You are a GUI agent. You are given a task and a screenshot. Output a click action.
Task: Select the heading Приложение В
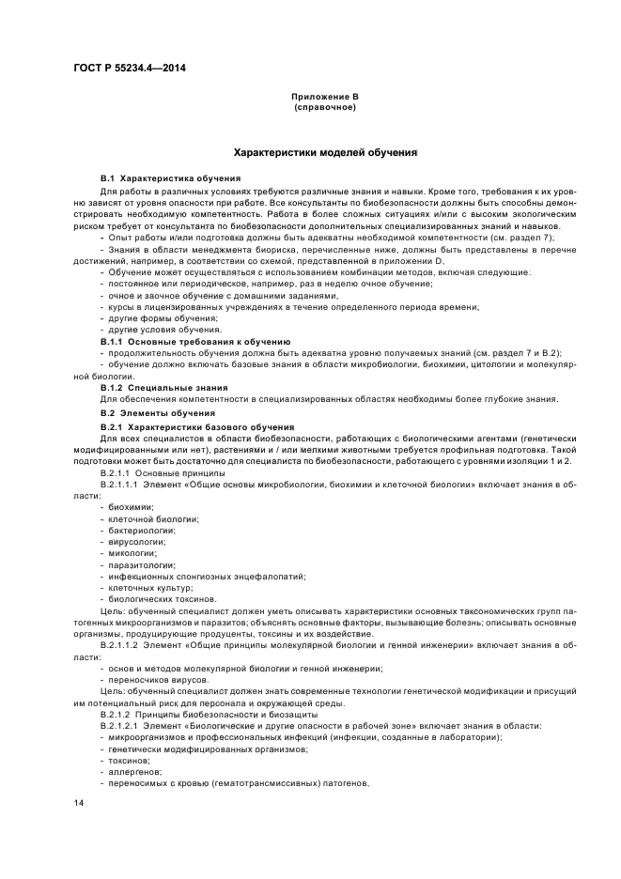coord(324,97)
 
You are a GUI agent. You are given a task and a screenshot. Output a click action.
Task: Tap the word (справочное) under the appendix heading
coord(324,107)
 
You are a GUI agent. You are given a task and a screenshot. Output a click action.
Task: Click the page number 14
coord(80,801)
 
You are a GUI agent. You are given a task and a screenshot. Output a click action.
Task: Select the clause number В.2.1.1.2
coord(126,645)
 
